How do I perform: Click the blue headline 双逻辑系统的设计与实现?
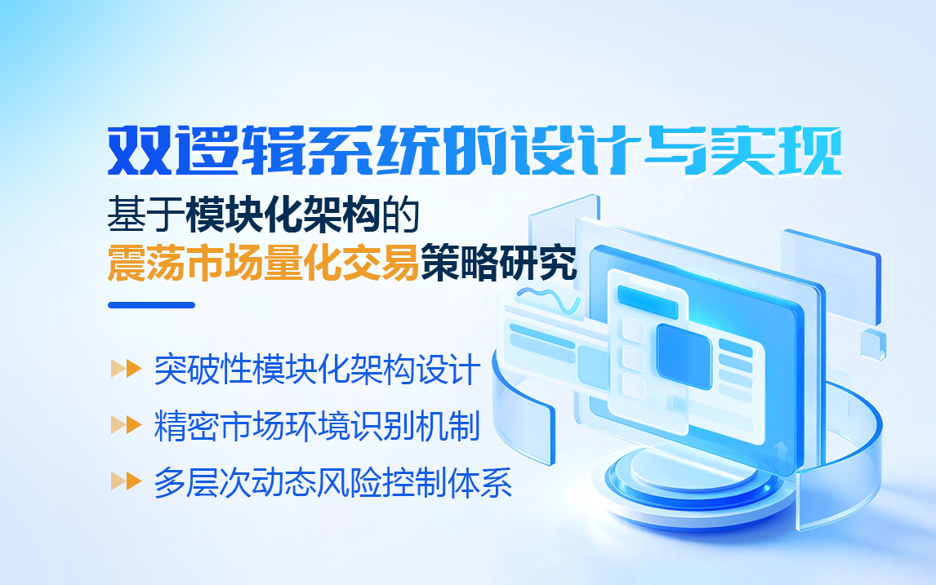click(x=475, y=151)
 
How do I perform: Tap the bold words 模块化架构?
click(x=283, y=215)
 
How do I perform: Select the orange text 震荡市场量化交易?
click(x=263, y=262)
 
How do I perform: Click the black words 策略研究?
click(x=499, y=262)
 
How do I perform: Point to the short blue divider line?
click(x=152, y=305)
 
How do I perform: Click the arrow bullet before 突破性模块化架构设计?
click(x=126, y=369)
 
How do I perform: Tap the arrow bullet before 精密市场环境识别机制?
click(x=126, y=425)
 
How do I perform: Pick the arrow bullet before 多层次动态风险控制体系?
click(x=126, y=481)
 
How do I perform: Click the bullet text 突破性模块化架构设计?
click(x=317, y=370)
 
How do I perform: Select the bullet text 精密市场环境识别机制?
click(x=317, y=426)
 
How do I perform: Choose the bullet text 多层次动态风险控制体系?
click(x=333, y=482)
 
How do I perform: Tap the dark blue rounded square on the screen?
click(x=684, y=357)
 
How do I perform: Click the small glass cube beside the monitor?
click(x=873, y=344)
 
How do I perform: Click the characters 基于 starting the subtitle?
click(x=146, y=215)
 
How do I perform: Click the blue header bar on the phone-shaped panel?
click(x=648, y=302)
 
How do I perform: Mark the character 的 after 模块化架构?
click(x=400, y=215)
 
